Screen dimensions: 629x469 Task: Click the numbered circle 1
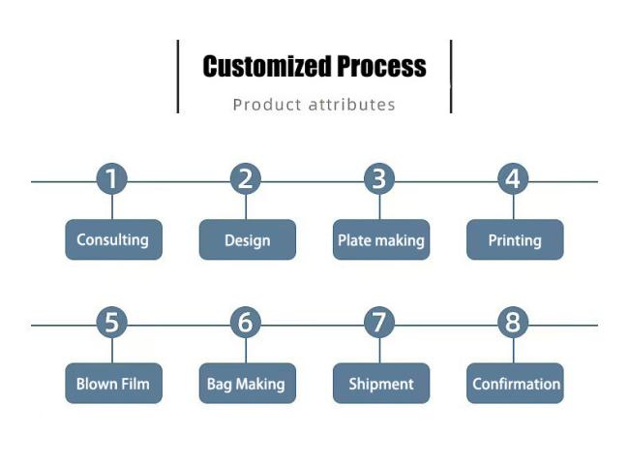click(112, 178)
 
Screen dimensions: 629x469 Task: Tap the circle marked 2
click(246, 178)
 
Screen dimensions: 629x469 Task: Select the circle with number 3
click(379, 178)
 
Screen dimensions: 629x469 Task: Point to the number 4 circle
click(513, 178)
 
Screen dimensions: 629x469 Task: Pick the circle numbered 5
click(112, 323)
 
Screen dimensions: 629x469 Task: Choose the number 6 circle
click(246, 323)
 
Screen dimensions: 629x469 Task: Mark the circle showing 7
click(379, 323)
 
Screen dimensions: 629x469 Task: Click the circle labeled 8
click(513, 323)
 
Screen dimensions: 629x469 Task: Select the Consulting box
click(114, 239)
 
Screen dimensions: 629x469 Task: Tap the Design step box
click(248, 239)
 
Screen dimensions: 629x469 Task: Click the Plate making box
click(381, 239)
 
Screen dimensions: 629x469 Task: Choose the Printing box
click(515, 239)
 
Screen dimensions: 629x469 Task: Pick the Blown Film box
click(114, 384)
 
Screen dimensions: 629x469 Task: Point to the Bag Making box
click(248, 384)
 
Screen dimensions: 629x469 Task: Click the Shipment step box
click(381, 384)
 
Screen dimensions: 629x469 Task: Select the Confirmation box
click(515, 384)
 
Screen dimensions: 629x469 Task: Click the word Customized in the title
click(267, 66)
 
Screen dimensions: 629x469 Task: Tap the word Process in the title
click(381, 66)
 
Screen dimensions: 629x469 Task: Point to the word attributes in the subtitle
click(352, 105)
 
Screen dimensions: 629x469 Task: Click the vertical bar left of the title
click(178, 77)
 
